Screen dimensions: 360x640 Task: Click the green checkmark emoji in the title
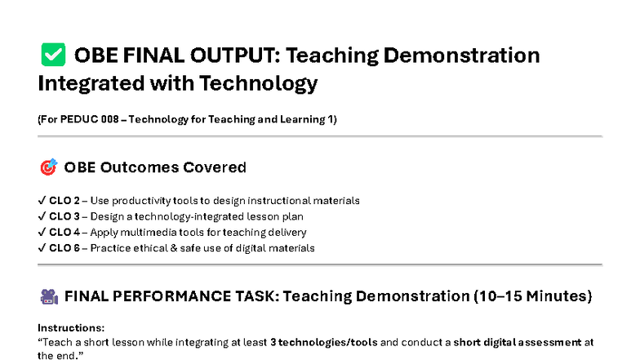52,56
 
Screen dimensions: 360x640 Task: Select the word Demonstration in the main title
454,56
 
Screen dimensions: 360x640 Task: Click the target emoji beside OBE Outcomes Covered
48,167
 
